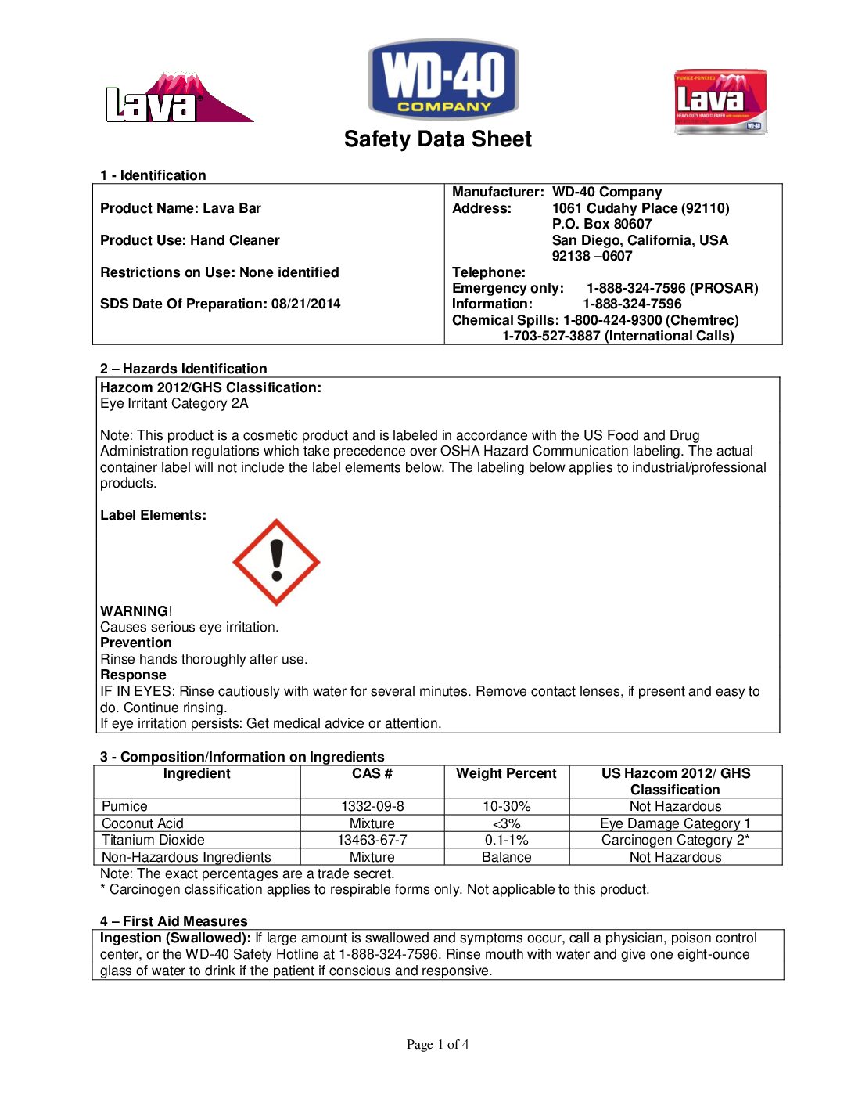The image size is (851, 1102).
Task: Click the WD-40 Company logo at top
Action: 443,80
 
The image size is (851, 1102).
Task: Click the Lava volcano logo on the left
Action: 178,99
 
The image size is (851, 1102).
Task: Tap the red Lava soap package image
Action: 720,101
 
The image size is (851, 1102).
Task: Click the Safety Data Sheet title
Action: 437,139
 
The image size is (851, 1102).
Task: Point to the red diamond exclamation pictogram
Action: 276,562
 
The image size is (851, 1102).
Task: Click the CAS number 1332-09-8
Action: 372,806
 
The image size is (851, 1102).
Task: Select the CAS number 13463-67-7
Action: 372,840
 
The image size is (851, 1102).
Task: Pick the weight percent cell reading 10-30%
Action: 506,806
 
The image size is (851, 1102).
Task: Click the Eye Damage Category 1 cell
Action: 675,823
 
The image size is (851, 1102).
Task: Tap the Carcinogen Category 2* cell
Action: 675,840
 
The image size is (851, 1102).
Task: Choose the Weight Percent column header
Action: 506,773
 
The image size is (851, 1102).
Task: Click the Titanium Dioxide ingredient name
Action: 153,840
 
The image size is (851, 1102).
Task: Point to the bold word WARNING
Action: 134,611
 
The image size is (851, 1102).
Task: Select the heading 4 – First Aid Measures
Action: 174,921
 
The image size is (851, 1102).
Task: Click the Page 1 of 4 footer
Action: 437,1044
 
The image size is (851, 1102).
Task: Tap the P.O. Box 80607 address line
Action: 601,224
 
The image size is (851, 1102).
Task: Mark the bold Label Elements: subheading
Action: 153,515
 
